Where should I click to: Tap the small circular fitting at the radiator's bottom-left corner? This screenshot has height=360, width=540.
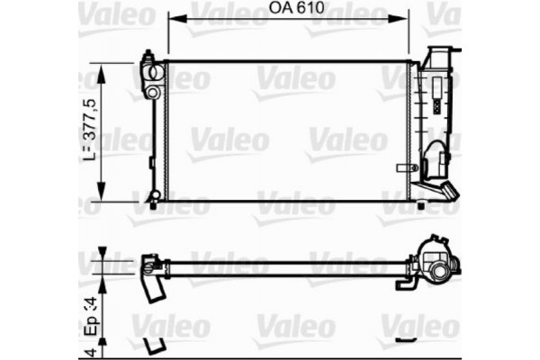155,193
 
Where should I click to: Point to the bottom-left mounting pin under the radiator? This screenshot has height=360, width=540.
153,205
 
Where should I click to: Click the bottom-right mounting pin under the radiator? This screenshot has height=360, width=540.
420,205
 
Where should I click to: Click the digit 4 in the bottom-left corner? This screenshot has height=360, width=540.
90,350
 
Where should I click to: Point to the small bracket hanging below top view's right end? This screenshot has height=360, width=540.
408,283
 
